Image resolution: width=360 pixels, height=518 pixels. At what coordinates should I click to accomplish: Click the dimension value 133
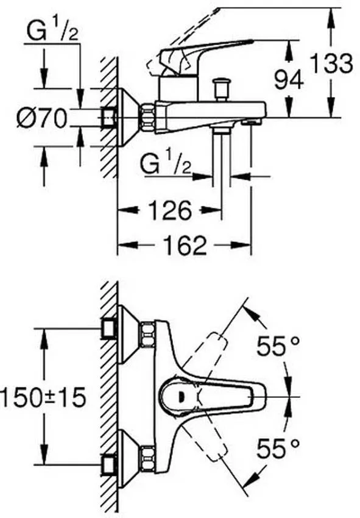pos(332,64)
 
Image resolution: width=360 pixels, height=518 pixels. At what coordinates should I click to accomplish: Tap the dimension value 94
pos(289,80)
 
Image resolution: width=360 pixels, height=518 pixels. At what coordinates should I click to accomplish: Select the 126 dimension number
pos(170,210)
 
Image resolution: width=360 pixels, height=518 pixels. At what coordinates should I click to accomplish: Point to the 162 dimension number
pos(185,245)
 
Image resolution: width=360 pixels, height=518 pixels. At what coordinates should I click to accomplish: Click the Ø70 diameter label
pos(42,118)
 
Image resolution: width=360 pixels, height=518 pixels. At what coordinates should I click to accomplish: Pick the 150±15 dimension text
pos(43,397)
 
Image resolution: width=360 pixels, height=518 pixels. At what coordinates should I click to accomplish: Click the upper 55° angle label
pos(278,346)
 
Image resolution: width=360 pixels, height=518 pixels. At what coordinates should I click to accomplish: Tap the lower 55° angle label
pos(278,449)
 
